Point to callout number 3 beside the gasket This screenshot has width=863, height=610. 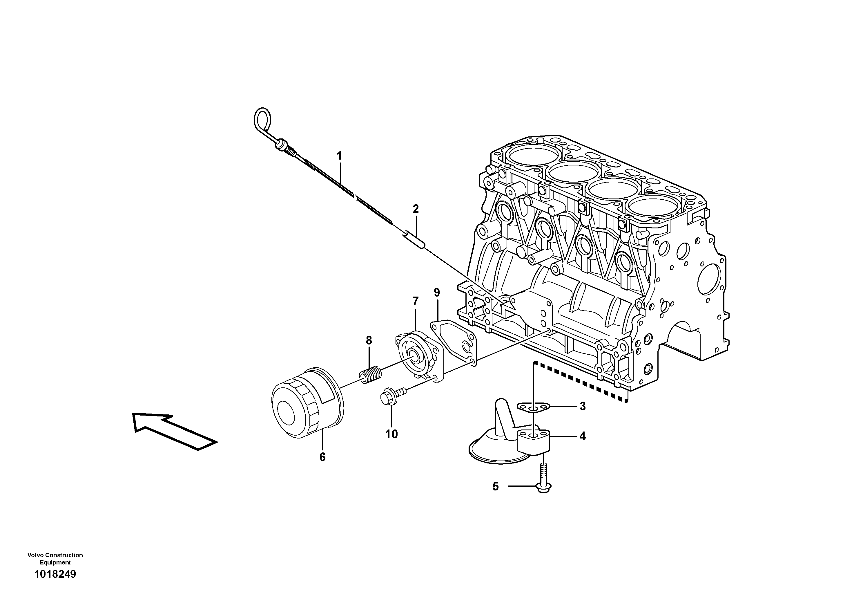click(582, 406)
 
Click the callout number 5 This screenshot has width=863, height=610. click(495, 487)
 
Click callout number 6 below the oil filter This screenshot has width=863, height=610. click(322, 457)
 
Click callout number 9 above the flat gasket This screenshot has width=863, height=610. click(436, 292)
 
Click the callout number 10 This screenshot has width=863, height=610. click(391, 434)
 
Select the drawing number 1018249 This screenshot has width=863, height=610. click(55, 574)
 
